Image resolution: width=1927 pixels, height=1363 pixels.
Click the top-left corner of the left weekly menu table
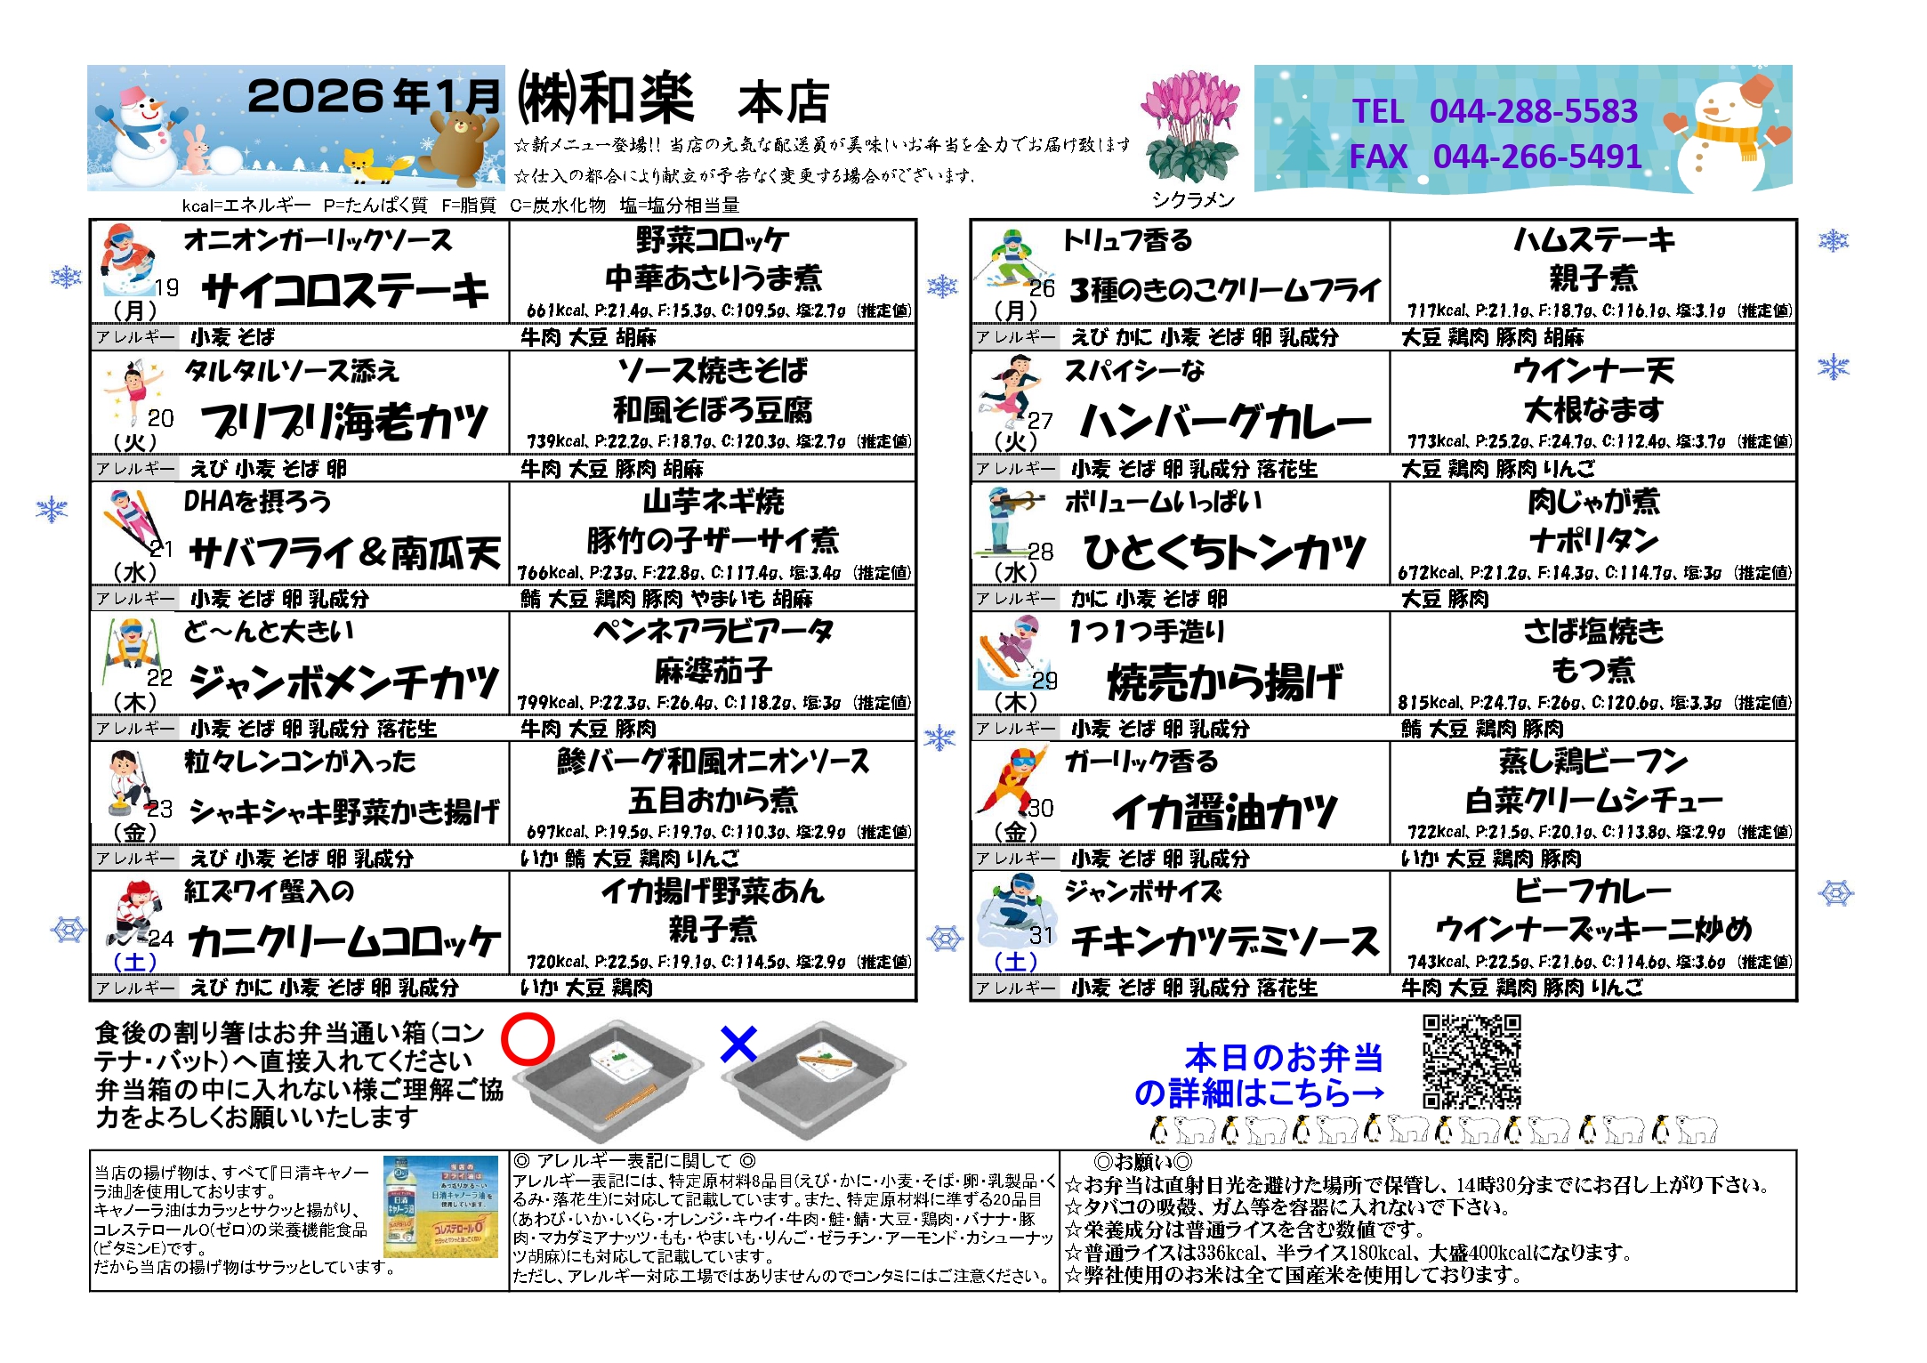tap(91, 220)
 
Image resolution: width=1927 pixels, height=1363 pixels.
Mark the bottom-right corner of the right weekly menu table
tap(1796, 1000)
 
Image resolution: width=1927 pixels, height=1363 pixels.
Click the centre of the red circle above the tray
tap(528, 1039)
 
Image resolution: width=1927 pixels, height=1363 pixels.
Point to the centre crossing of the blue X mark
tap(738, 1044)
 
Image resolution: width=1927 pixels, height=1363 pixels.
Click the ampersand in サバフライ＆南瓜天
tap(372, 552)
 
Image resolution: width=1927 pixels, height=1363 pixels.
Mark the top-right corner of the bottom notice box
tap(1796, 1150)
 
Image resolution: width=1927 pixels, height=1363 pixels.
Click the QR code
tap(1471, 1061)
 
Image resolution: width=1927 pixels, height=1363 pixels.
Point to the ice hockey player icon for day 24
tap(133, 911)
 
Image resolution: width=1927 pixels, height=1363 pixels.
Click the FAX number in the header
tap(1537, 157)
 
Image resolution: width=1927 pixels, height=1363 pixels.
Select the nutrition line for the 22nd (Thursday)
tap(714, 703)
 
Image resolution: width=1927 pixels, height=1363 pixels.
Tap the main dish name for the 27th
tap(1225, 421)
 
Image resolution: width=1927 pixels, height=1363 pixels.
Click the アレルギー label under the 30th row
tap(1015, 859)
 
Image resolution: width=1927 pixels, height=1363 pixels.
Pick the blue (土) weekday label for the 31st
tap(1015, 962)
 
